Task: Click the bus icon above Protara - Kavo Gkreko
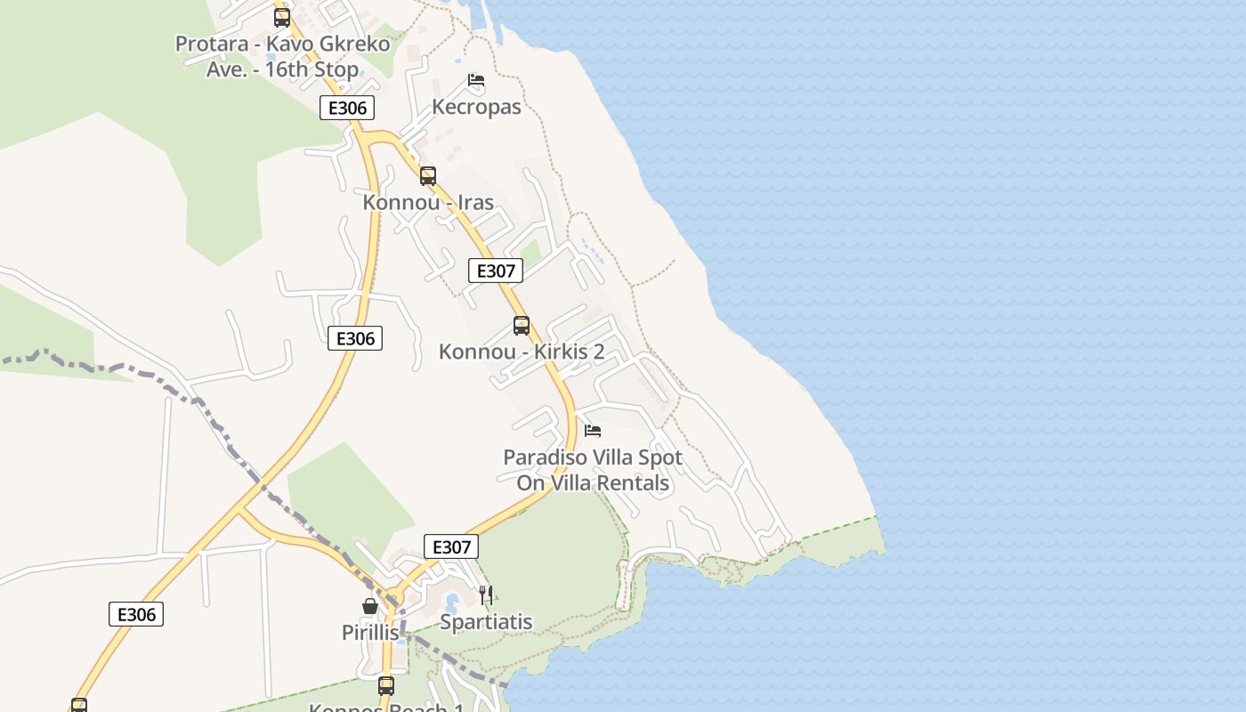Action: [x=282, y=17]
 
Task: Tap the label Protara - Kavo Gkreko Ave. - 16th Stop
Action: [x=282, y=56]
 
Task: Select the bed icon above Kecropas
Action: [x=476, y=81]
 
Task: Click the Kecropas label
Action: [x=476, y=107]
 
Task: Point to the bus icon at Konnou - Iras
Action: [x=428, y=176]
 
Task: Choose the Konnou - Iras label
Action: [x=428, y=202]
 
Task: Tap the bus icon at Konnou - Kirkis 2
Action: [x=522, y=326]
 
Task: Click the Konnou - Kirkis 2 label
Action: [x=522, y=352]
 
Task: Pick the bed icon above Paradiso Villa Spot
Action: [x=593, y=431]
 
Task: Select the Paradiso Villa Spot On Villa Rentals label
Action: [x=593, y=470]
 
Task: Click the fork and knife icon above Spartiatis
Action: [x=486, y=595]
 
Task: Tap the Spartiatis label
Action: [x=486, y=621]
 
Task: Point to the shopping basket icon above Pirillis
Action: [x=370, y=606]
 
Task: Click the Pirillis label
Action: [x=370, y=633]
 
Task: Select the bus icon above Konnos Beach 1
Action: [x=386, y=686]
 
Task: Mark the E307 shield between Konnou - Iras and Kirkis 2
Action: [x=496, y=271]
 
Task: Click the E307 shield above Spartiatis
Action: [x=451, y=546]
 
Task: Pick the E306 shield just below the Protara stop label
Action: [x=347, y=109]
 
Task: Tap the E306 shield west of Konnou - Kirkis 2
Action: [x=355, y=338]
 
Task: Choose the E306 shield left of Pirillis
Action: [x=136, y=614]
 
